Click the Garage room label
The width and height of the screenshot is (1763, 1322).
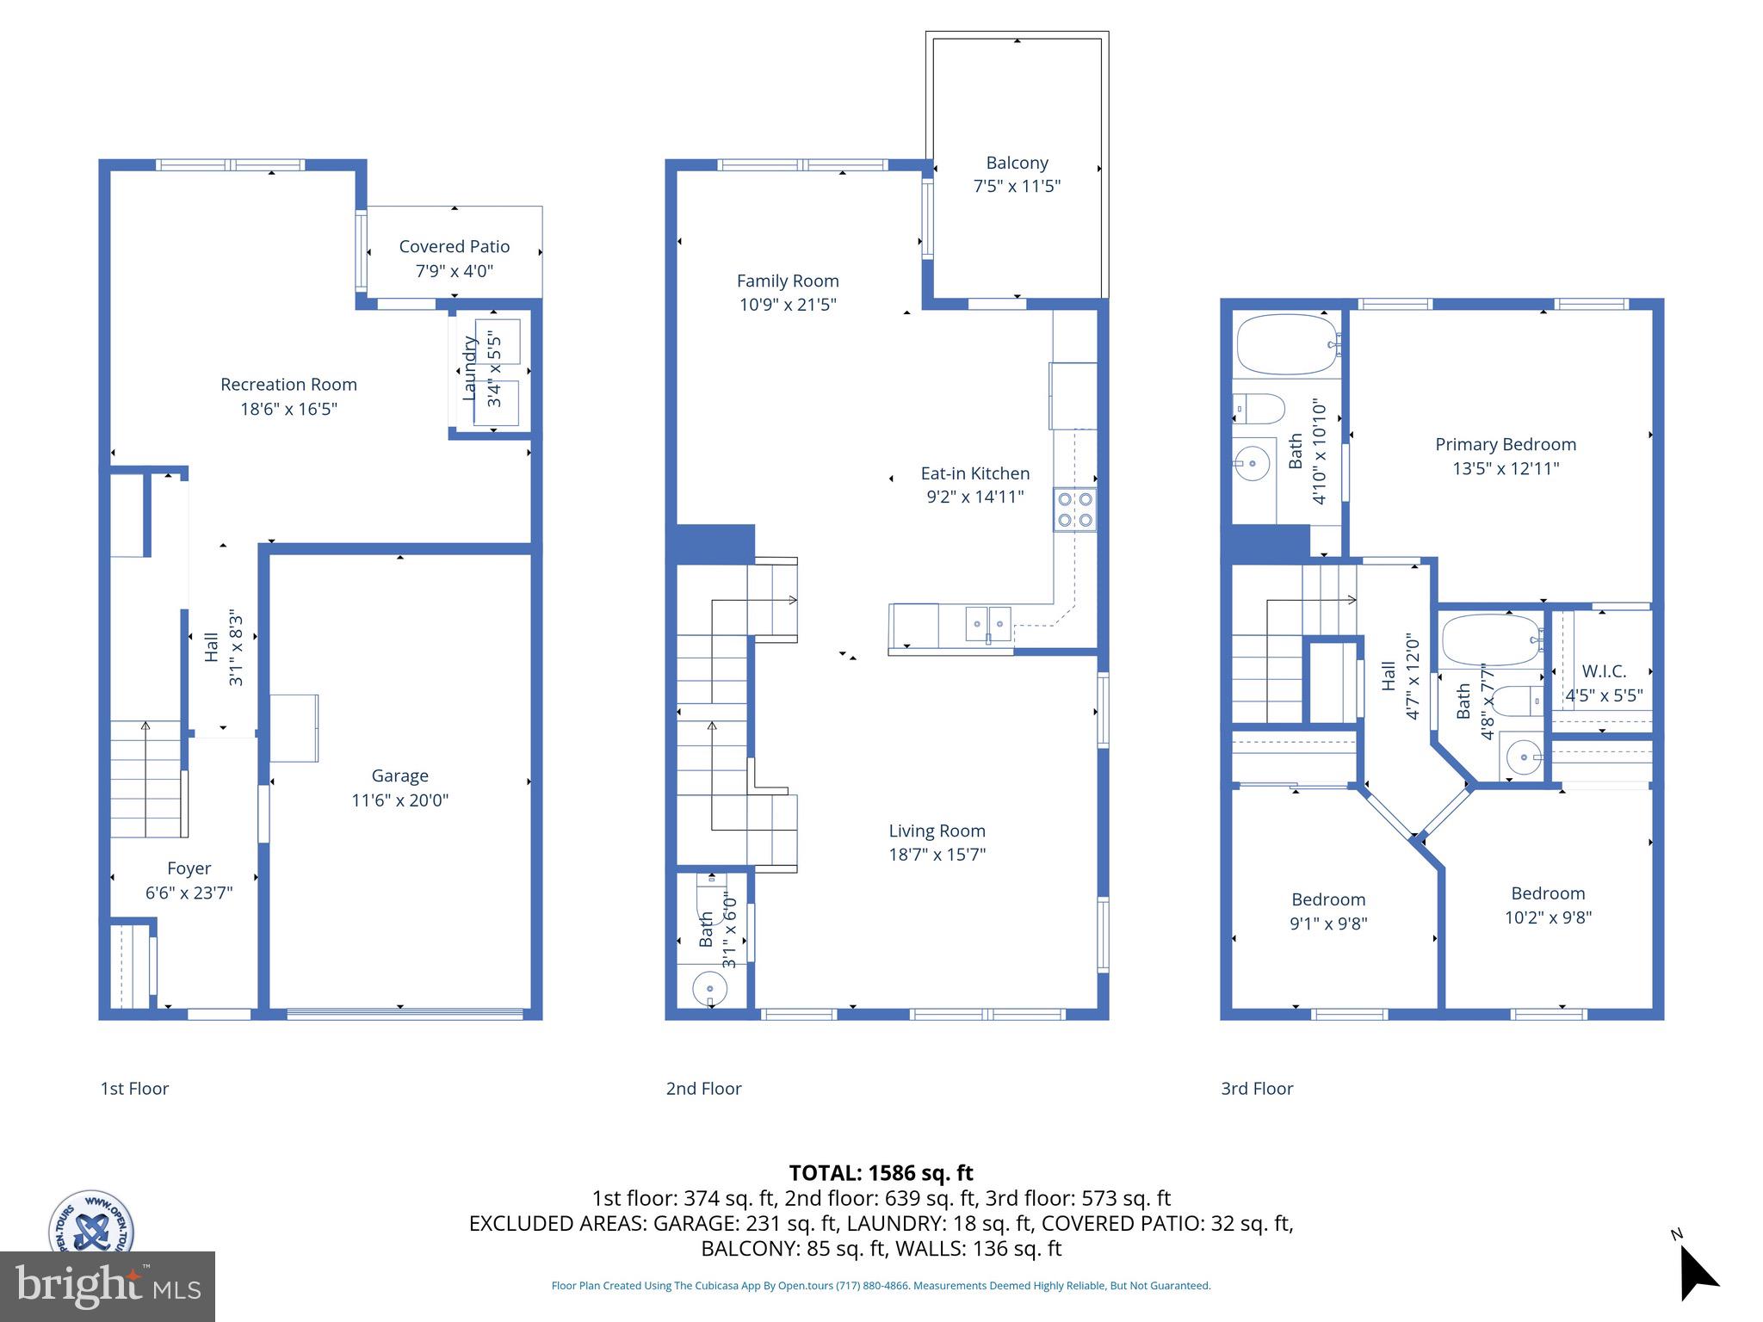click(399, 775)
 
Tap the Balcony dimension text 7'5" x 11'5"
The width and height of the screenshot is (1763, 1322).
click(1017, 186)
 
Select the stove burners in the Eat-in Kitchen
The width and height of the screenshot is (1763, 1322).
click(1075, 509)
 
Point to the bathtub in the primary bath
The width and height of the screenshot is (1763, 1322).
click(1287, 344)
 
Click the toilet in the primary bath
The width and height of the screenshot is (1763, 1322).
click(1259, 408)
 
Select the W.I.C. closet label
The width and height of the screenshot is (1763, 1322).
click(1604, 671)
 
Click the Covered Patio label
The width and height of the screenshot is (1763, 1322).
click(454, 246)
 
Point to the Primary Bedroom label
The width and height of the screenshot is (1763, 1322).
click(1506, 444)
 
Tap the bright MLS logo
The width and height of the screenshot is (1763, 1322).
click(108, 1286)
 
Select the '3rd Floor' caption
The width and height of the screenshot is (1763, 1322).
click(1257, 1088)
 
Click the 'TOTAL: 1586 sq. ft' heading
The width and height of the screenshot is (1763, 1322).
click(881, 1172)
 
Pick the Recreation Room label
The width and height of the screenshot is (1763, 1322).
click(288, 385)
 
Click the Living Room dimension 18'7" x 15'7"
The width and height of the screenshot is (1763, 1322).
click(937, 855)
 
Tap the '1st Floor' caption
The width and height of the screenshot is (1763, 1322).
click(134, 1088)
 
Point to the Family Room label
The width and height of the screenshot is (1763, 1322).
click(788, 281)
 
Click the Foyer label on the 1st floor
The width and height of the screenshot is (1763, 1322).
click(189, 868)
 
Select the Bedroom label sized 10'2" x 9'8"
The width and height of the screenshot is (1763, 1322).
click(1548, 893)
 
